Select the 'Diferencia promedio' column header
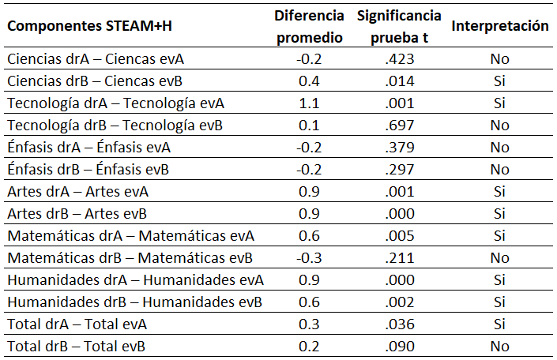pos(309,27)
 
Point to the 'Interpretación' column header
pos(499,26)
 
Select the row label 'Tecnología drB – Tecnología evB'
pos(115,125)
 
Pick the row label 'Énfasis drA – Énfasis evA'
pos(88,147)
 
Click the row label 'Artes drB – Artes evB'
pos(77,213)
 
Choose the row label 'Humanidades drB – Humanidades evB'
pos(134,302)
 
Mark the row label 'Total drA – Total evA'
pos(77,324)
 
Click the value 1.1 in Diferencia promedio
pos(309,103)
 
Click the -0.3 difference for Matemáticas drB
pos(309,257)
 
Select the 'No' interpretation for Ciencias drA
pos(499,58)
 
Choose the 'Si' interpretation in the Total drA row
pos(499,324)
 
